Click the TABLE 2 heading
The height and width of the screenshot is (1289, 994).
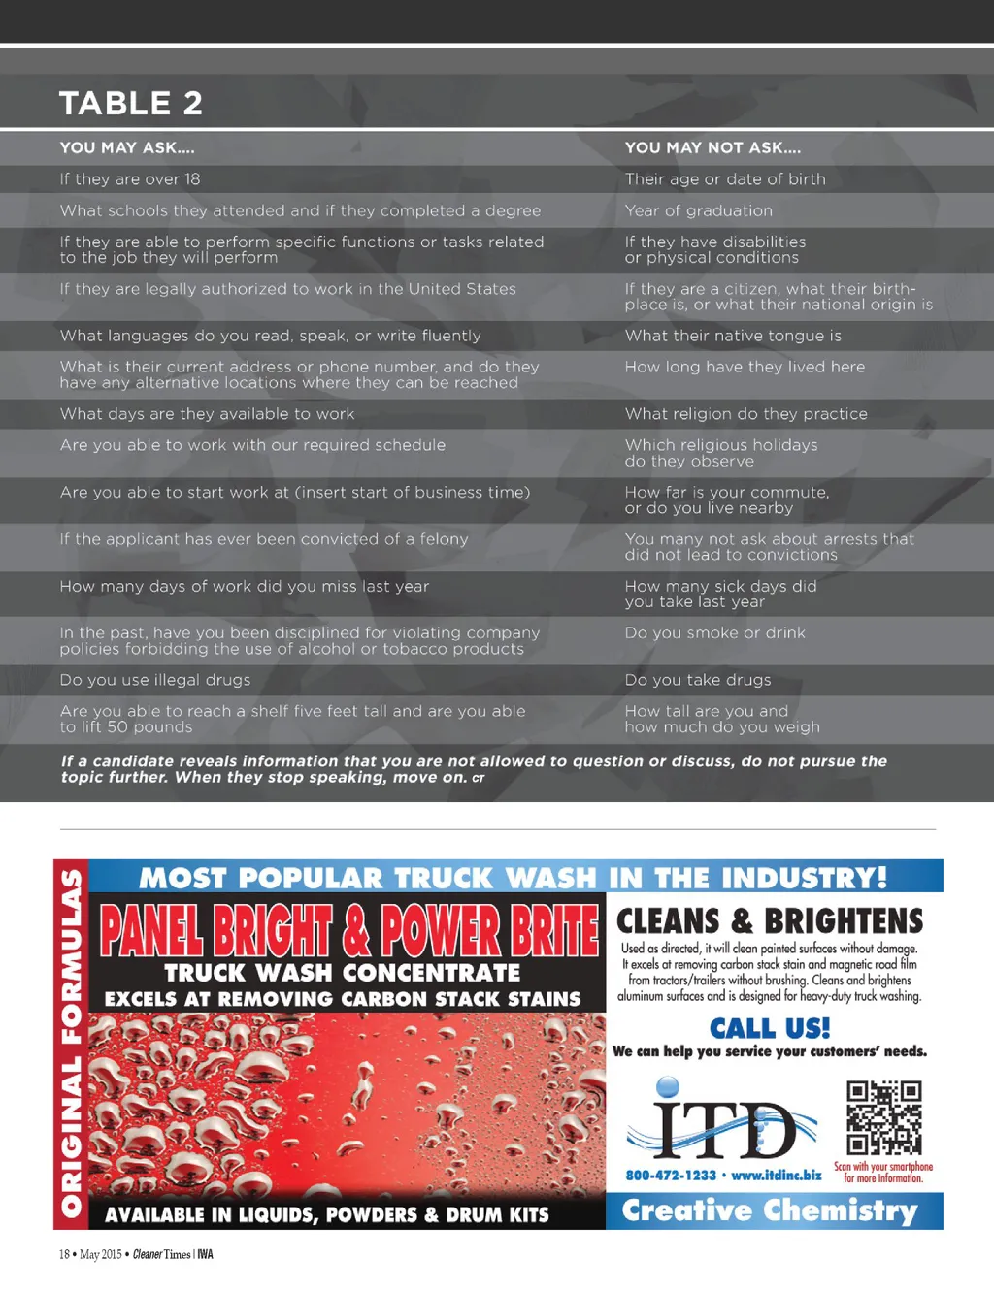point(131,103)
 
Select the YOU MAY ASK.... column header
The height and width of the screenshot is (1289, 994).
point(127,147)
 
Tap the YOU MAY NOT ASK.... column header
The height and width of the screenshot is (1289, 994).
point(712,147)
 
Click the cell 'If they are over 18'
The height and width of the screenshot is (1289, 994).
point(130,179)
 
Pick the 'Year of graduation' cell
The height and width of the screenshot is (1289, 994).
point(699,210)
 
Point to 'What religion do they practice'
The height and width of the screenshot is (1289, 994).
point(745,414)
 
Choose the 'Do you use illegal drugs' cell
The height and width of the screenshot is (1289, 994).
point(155,680)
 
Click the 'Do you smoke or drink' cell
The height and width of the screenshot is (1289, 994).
point(714,633)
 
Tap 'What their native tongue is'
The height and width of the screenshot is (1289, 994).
point(733,336)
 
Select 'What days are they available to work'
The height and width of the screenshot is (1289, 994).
point(207,414)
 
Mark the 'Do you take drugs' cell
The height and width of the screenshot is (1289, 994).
point(698,680)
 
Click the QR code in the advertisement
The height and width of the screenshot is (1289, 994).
point(883,1118)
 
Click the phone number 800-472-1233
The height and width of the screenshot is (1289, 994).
point(671,1176)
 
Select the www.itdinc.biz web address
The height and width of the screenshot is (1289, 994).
point(776,1176)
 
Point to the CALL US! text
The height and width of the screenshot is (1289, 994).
point(770,1028)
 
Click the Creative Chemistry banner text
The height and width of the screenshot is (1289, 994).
point(770,1210)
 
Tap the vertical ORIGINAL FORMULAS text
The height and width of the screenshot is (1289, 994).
point(72,1044)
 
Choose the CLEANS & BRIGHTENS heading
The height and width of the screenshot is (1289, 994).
point(770,920)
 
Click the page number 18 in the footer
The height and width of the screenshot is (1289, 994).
point(64,1254)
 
